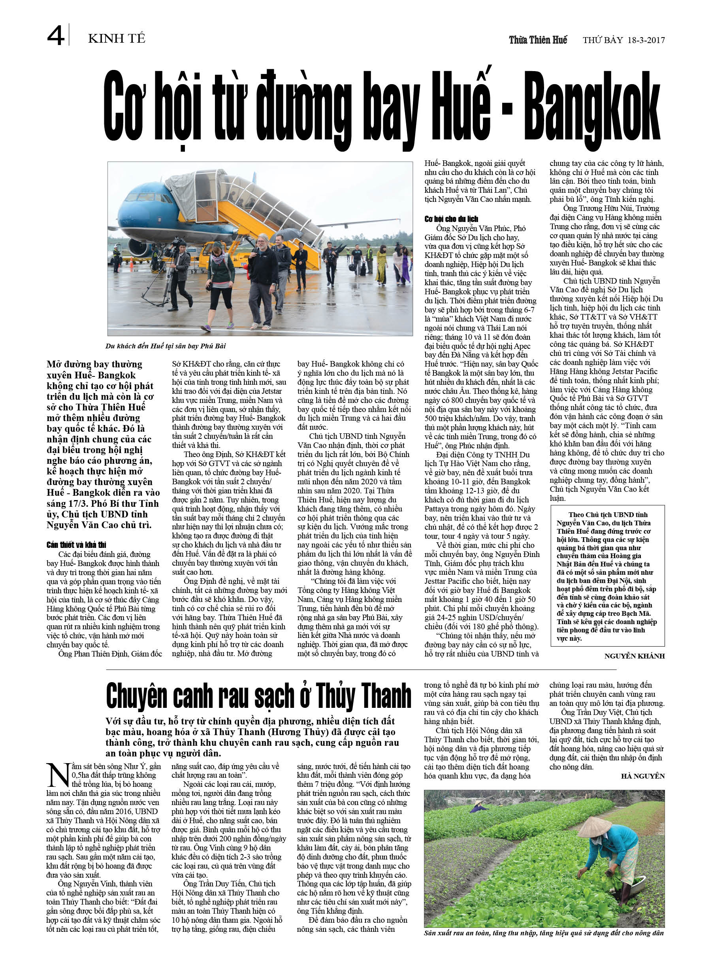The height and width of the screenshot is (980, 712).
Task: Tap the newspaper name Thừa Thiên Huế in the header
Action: click(538, 40)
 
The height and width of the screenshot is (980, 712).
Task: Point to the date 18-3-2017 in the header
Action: click(643, 40)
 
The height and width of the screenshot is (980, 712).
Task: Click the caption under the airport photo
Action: click(166, 346)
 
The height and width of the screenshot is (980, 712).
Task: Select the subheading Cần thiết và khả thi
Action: click(77, 544)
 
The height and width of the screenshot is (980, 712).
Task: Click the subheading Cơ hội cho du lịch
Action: click(451, 219)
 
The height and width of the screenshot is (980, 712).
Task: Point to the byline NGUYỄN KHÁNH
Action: click(634, 656)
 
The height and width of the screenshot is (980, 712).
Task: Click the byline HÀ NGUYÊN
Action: click(642, 776)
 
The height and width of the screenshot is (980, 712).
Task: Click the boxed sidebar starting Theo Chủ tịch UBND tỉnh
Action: click(607, 577)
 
